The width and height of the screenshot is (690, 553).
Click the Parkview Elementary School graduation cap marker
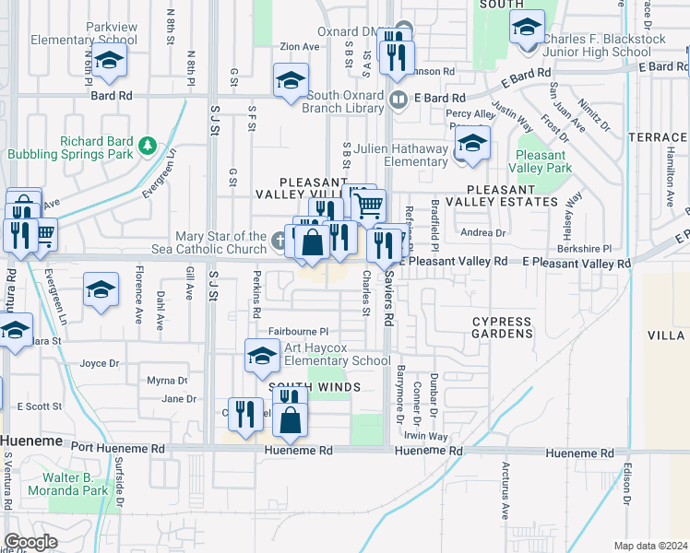pyautogui.click(x=109, y=63)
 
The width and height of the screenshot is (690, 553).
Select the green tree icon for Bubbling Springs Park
pyautogui.click(x=146, y=146)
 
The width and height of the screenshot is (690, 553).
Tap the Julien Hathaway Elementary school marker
pyautogui.click(x=471, y=146)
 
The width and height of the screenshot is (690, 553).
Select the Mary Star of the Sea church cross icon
pyautogui.click(x=280, y=241)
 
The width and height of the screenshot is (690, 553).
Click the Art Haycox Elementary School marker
pyautogui.click(x=262, y=356)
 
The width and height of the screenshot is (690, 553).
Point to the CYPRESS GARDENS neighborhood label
pyautogui.click(x=502, y=327)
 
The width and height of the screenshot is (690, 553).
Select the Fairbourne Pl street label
pyautogui.click(x=298, y=331)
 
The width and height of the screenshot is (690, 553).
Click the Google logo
pyautogui.click(x=30, y=542)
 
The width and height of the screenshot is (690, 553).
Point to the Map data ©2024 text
pyautogui.click(x=651, y=546)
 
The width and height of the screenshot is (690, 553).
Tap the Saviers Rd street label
pyautogui.click(x=390, y=293)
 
